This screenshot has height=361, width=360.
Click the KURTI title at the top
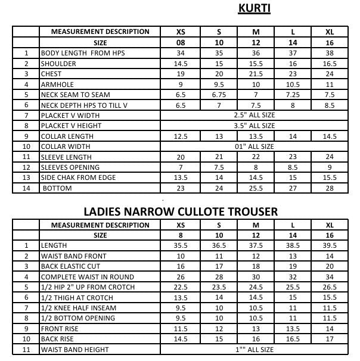coord(255,8)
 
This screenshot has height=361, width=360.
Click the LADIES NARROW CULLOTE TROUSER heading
coord(181,211)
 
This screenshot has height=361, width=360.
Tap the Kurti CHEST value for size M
coord(256,74)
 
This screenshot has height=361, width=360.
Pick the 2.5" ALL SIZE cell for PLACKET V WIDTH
coord(255,115)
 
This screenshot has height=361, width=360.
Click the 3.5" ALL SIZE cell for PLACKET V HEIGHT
coord(255,126)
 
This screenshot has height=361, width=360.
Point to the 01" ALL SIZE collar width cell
coord(255,147)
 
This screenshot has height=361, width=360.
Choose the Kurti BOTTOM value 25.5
coord(256,188)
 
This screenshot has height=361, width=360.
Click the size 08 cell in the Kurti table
coord(181,43)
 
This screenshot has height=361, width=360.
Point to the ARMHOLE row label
coord(57,85)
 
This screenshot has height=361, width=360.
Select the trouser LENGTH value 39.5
coord(329,245)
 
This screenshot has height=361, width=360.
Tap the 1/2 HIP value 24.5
coord(256,287)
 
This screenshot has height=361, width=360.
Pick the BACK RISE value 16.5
coord(293,339)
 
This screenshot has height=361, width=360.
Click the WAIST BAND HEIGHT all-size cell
coord(255,350)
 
